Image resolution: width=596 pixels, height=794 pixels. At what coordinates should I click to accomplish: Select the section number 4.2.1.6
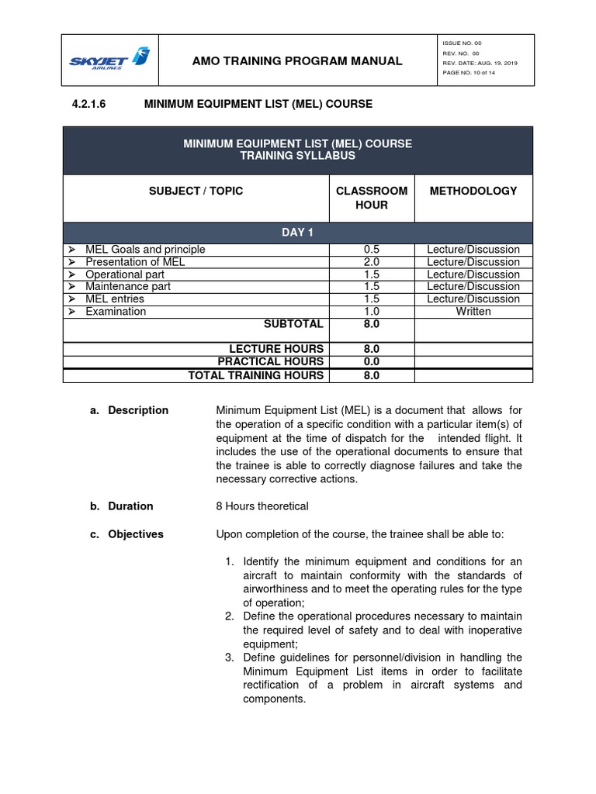[82, 103]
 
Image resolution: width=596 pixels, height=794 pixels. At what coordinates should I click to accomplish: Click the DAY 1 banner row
[298, 233]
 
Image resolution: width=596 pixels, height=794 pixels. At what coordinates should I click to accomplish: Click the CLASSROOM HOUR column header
[370, 198]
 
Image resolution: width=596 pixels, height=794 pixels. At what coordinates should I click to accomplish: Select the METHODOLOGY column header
[473, 191]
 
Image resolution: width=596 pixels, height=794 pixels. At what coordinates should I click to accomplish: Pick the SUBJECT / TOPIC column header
[196, 191]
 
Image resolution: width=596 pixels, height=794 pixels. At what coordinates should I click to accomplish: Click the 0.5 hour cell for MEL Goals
[371, 250]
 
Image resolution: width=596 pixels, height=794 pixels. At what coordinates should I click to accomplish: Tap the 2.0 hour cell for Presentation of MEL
[371, 262]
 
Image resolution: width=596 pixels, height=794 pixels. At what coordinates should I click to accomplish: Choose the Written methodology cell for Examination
[473, 311]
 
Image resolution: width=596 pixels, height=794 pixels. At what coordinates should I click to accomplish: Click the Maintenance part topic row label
[128, 286]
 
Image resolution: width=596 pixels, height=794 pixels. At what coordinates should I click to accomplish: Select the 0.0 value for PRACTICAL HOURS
[371, 362]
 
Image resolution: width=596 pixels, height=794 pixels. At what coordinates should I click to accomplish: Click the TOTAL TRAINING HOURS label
[256, 375]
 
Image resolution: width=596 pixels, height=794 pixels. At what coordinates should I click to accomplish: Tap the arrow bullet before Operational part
[71, 274]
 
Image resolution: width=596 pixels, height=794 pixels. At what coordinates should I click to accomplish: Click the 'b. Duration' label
[121, 506]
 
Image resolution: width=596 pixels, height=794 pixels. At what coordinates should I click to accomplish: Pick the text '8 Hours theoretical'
[262, 506]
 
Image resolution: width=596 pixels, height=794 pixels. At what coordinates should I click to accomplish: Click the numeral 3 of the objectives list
[230, 658]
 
